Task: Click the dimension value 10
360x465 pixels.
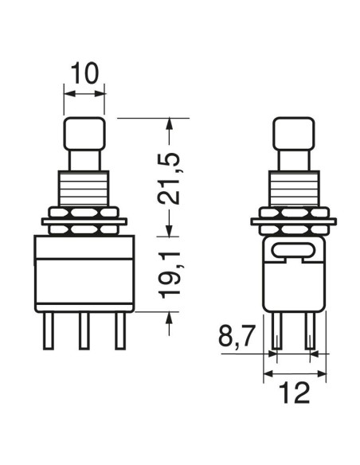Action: click(84, 73)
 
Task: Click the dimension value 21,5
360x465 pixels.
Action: click(169, 178)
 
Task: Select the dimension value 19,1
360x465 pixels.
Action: click(170, 275)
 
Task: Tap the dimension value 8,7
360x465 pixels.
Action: click(237, 336)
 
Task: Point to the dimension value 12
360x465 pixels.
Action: click(295, 393)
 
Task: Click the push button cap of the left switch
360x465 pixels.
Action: click(84, 134)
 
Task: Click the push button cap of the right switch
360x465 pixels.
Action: click(294, 134)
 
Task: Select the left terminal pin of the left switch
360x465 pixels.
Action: click(49, 330)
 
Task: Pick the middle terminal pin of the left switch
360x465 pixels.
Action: click(84, 330)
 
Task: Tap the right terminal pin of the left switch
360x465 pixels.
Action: click(120, 330)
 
